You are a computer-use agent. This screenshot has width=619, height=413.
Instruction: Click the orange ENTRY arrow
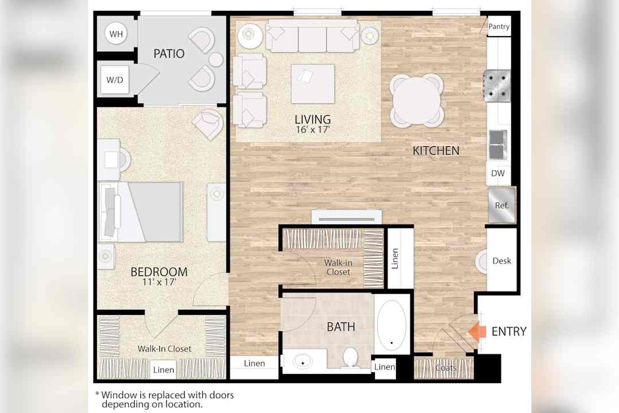[x=477, y=331]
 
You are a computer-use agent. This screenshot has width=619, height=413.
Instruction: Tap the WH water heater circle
[x=116, y=34]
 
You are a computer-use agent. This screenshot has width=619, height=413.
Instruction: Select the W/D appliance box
[x=115, y=80]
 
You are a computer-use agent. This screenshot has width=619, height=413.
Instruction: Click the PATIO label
[x=169, y=53]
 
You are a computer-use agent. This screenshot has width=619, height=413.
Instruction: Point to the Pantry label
[x=499, y=26]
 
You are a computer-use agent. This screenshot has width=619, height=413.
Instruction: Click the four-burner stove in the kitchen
[x=497, y=85]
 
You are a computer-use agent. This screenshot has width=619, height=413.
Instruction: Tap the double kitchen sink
[x=498, y=145]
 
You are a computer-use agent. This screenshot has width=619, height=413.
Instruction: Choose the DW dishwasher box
[x=498, y=173]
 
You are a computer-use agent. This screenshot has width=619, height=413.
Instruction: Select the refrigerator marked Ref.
[x=502, y=205]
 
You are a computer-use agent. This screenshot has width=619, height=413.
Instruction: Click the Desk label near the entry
[x=502, y=261]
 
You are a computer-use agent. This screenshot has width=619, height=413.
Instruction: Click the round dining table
[x=417, y=100]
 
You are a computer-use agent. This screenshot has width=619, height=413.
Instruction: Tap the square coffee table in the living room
[x=313, y=84]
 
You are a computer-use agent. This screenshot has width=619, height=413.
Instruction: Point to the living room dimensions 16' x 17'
[x=313, y=129]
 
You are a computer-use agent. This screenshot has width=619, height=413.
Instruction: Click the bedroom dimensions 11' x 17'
[x=159, y=282]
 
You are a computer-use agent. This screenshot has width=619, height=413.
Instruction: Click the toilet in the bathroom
[x=350, y=357]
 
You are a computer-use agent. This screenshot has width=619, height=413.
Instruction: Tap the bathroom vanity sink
[x=303, y=361]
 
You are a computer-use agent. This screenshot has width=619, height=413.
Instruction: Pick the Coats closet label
[x=446, y=368]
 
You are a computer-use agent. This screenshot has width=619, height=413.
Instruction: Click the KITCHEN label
[x=436, y=151]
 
